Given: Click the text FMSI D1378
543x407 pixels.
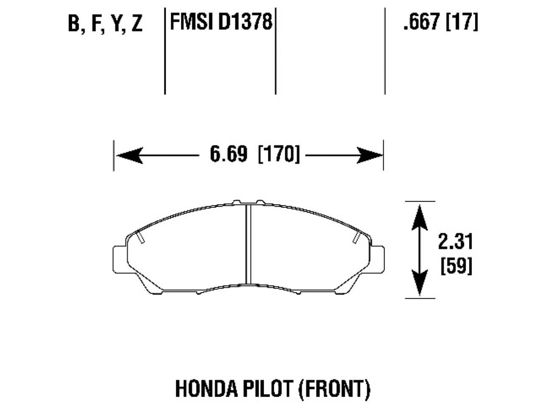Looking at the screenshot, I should click(x=221, y=22).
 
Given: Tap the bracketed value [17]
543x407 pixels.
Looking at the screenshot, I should click(x=462, y=22).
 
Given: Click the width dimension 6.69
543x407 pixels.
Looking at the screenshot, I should click(x=228, y=154).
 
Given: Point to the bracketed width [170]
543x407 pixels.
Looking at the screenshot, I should click(x=279, y=154).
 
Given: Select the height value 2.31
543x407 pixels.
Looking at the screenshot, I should click(x=455, y=242).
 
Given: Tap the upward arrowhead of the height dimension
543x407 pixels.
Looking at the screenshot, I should click(x=420, y=216).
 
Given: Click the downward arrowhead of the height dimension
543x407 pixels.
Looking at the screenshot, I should click(x=420, y=284).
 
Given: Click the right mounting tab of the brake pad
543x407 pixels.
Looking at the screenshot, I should click(x=378, y=259).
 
